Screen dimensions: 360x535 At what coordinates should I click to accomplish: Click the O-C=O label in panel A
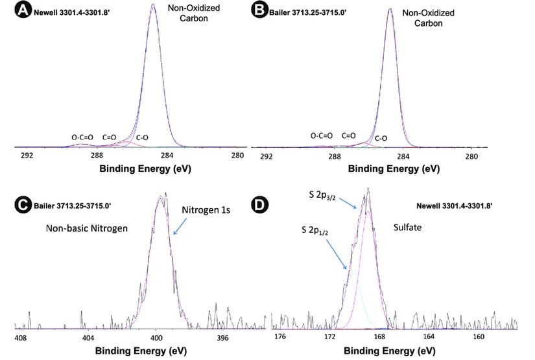[x=82, y=138]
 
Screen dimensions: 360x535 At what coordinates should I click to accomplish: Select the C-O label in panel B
[x=381, y=138]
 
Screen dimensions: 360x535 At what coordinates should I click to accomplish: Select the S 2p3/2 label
[x=326, y=195]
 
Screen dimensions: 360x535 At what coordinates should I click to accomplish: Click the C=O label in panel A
[x=109, y=138]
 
